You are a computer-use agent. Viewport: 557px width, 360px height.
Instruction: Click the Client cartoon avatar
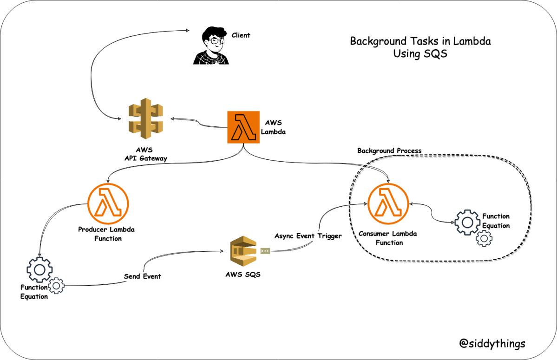211,46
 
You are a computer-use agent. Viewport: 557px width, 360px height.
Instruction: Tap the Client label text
241,35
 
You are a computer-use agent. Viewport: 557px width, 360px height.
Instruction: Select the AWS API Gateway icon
145,118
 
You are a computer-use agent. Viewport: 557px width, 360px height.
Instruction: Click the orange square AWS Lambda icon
243,127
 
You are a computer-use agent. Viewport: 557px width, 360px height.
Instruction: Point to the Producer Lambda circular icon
108,204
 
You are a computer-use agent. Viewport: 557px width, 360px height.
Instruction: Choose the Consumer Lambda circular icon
388,204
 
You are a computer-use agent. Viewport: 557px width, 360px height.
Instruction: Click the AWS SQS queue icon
243,251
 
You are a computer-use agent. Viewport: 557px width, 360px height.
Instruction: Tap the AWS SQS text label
243,275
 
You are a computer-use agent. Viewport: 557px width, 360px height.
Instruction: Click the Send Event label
143,276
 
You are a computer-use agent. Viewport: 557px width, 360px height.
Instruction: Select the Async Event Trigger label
308,236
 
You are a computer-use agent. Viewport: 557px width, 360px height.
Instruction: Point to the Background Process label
389,151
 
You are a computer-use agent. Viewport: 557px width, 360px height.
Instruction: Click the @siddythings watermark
492,343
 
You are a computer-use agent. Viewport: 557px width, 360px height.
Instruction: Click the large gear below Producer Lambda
39,270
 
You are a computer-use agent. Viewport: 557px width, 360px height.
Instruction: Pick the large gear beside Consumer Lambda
467,223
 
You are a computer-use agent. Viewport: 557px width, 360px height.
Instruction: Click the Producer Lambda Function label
106,234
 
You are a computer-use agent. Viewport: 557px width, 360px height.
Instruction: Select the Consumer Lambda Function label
388,238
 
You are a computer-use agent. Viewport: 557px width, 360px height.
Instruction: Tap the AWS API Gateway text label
146,154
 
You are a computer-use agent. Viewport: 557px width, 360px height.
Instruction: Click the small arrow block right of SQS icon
265,251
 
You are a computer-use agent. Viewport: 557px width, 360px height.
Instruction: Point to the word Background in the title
379,41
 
